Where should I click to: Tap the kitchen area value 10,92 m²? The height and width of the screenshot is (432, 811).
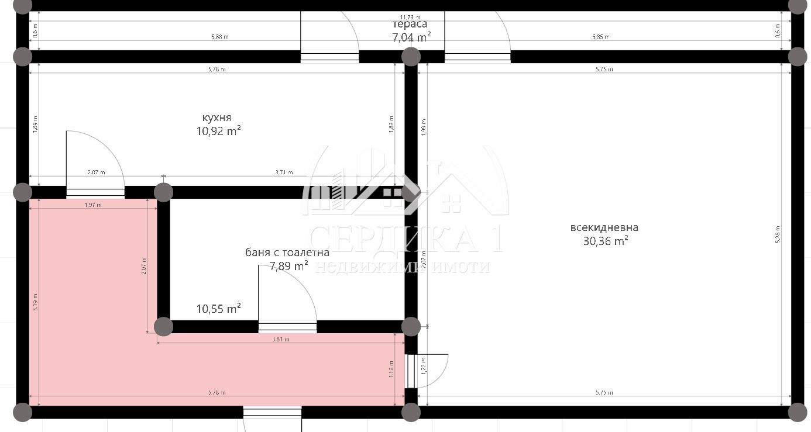click(x=218, y=131)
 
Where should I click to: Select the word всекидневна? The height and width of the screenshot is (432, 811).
click(x=604, y=227)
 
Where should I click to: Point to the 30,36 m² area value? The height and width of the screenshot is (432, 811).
click(x=606, y=241)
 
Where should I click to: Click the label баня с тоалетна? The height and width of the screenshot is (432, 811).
click(x=287, y=253)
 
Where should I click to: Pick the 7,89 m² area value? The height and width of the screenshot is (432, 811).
click(x=288, y=267)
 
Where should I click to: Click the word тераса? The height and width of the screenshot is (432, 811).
click(x=410, y=24)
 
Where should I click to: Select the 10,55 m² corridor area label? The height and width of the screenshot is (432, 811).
click(x=218, y=309)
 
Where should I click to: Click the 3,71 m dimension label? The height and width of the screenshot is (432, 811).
click(x=284, y=172)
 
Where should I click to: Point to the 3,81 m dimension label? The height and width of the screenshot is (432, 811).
click(x=281, y=339)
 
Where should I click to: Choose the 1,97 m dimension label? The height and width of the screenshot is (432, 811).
click(x=93, y=205)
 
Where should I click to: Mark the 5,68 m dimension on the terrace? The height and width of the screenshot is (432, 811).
click(x=219, y=37)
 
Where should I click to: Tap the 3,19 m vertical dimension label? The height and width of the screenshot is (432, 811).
click(x=35, y=302)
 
